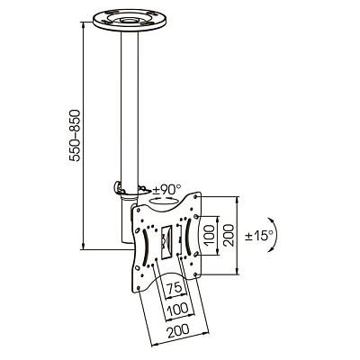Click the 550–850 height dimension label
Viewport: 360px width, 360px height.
[75, 136]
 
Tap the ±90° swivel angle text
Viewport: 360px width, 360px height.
[167, 190]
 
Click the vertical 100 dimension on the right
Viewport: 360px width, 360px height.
[211, 235]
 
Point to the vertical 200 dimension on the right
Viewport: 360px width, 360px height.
[229, 235]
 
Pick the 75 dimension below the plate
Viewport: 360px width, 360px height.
[174, 288]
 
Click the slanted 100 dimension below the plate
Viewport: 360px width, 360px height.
[178, 309]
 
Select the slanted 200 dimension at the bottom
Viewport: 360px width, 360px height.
[178, 329]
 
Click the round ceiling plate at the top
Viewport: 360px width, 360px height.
[130, 21]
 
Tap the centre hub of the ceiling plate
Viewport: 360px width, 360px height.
[130, 21]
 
